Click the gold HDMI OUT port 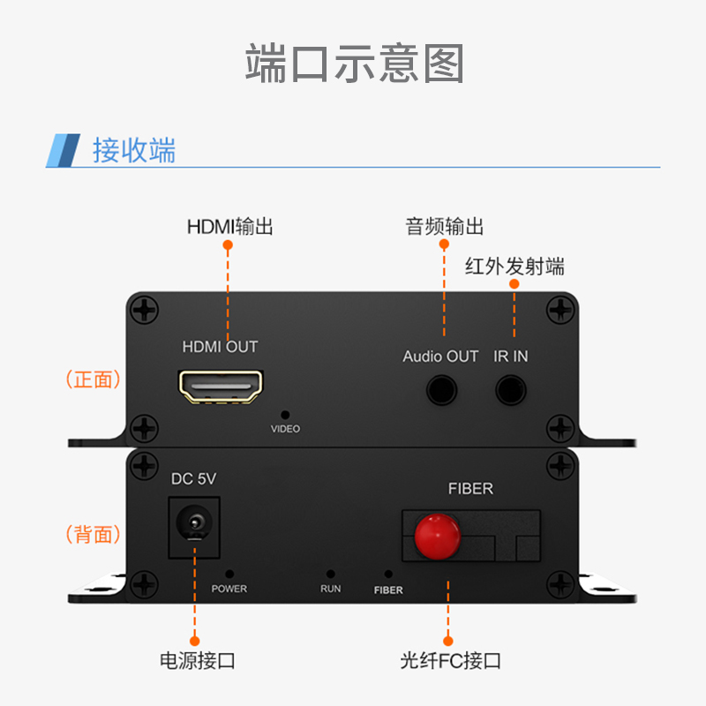pyautogui.click(x=221, y=387)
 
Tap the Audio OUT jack pyautogui.click(x=442, y=390)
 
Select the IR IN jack pyautogui.click(x=511, y=390)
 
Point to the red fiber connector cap pyautogui.click(x=437, y=537)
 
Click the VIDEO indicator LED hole pyautogui.click(x=285, y=415)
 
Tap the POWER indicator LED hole pyautogui.click(x=229, y=575)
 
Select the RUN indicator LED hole pyautogui.click(x=330, y=575)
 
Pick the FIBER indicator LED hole pyautogui.click(x=388, y=575)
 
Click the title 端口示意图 pyautogui.click(x=355, y=64)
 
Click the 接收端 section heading pyautogui.click(x=134, y=150)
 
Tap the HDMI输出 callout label pyautogui.click(x=230, y=227)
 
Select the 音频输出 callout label pyautogui.click(x=445, y=227)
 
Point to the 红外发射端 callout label pyautogui.click(x=514, y=267)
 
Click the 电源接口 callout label pyautogui.click(x=197, y=660)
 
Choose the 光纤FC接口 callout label pyautogui.click(x=451, y=660)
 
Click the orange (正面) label pyautogui.click(x=94, y=379)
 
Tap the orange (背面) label pyautogui.click(x=94, y=534)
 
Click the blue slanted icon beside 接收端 pyautogui.click(x=63, y=150)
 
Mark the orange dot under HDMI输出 pyautogui.click(x=228, y=245)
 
